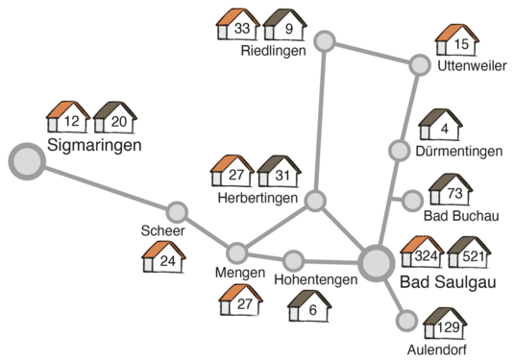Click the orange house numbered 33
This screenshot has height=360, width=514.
coord(234,24)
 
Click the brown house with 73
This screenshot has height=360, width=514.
coord(450,190)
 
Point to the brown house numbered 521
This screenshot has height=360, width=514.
coord(470,252)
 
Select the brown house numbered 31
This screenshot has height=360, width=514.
coord(277,172)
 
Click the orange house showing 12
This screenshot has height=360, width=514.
coord(67,118)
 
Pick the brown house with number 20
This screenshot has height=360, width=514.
coord(115,118)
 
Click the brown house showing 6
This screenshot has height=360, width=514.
coord(309,307)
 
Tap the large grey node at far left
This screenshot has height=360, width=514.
coord(27,161)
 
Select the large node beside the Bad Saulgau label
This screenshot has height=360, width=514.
coord(375,262)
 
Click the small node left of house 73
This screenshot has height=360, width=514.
coord(411,201)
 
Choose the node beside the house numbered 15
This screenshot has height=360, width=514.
coord(419,65)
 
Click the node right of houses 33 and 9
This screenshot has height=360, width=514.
coord(326,41)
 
